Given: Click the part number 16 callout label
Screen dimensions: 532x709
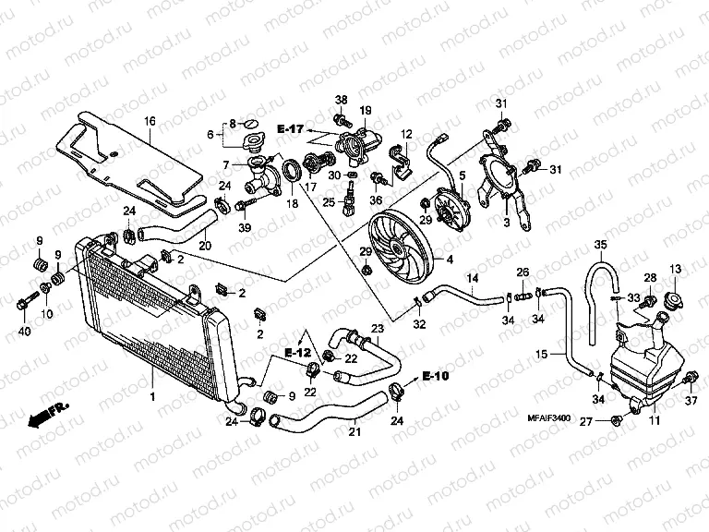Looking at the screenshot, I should point(149,120).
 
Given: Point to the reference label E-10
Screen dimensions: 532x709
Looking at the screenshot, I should point(435,376).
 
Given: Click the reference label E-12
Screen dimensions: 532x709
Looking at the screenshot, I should point(297,353).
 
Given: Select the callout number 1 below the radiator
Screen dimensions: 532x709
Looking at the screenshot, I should point(153,395).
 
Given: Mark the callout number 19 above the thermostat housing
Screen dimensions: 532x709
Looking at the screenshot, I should point(365,111).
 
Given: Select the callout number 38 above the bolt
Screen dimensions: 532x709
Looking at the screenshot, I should point(341,100).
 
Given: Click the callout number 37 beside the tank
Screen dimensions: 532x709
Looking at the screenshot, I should point(690,401).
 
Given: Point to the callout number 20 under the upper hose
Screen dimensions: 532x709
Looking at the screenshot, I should point(204,245).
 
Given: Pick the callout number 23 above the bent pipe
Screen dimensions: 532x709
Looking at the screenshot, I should point(377,329).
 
